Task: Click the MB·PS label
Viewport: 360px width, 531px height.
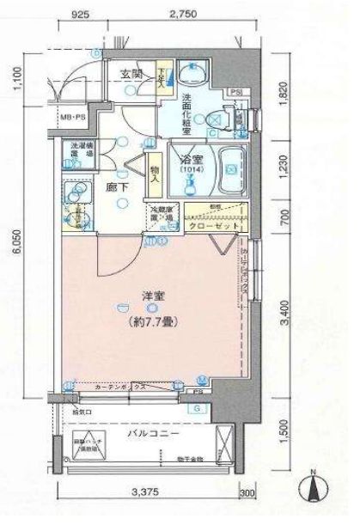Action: point(72,115)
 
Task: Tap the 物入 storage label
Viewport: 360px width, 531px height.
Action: point(155,178)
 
